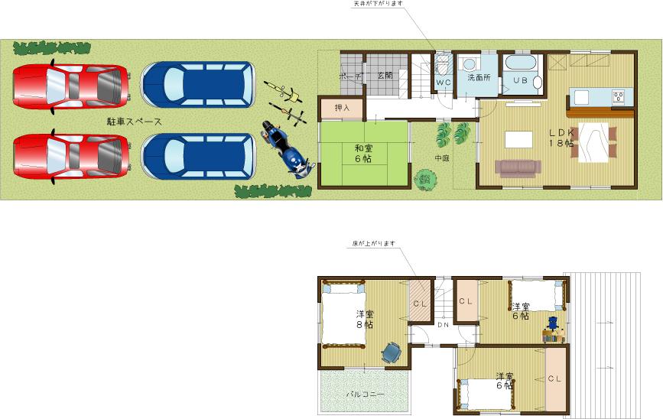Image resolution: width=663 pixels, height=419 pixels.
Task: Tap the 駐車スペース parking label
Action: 134,121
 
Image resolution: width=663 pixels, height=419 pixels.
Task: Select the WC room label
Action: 444,82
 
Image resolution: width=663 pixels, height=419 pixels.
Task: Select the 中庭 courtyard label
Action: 442,159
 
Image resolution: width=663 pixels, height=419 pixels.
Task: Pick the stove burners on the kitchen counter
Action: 618,96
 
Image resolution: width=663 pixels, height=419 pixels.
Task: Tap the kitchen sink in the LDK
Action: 581,97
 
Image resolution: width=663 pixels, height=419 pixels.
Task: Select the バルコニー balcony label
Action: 365,395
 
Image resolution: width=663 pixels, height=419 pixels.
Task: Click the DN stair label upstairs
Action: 443,325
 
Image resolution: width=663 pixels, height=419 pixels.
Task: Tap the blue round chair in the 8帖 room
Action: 391,351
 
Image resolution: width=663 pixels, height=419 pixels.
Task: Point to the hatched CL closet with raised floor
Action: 420,303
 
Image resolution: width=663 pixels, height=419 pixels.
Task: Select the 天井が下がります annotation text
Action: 377,4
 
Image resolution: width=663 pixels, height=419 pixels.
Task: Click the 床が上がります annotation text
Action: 372,244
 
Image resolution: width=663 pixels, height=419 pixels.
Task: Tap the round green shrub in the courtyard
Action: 423,180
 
